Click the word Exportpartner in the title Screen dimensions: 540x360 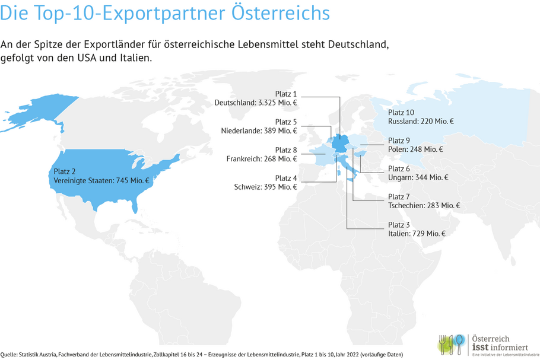point(164,14)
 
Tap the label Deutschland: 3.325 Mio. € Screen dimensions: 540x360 point(256,103)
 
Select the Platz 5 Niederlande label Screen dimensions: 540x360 point(259,126)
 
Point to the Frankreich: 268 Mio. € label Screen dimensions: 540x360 point(261,159)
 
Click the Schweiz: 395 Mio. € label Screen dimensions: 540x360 point(265,187)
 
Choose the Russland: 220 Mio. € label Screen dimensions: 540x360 point(421,121)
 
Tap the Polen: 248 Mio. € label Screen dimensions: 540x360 point(415,149)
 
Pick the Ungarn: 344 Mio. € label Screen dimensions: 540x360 point(418,177)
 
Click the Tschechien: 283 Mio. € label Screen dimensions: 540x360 point(424,205)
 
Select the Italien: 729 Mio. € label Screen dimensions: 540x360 point(417,234)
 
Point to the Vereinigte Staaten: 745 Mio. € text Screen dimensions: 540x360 point(101,180)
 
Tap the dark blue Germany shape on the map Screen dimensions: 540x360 point(339,143)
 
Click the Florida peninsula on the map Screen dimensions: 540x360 point(135,206)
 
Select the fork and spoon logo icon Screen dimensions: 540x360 point(451,344)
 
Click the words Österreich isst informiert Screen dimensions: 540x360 point(500,343)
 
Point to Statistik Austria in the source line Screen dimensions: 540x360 point(37,355)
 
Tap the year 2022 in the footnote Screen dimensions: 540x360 point(353,355)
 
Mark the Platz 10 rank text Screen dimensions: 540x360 point(401,113)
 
